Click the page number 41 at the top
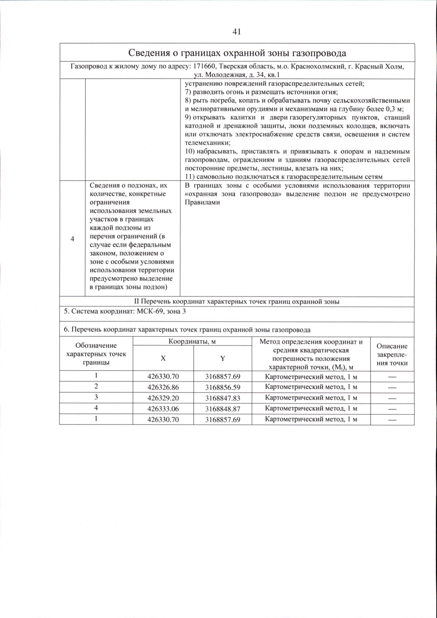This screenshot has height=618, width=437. [x=236, y=32]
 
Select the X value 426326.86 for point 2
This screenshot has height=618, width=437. [x=163, y=387]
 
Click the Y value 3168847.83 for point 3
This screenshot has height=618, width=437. [x=223, y=398]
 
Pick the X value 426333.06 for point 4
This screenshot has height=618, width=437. [x=163, y=409]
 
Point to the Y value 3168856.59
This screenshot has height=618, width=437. [x=223, y=387]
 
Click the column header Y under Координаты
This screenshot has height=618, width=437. [x=223, y=358]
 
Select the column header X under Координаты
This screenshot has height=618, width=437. [x=163, y=358]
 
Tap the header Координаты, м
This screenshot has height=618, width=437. [x=192, y=342]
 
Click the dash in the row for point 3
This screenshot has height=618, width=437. [x=392, y=398]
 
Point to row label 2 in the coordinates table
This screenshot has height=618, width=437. [x=96, y=386]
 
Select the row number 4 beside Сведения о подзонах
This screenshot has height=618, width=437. [x=72, y=239]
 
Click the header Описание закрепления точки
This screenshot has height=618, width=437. [x=392, y=354]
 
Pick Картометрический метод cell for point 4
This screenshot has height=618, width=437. [x=311, y=409]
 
